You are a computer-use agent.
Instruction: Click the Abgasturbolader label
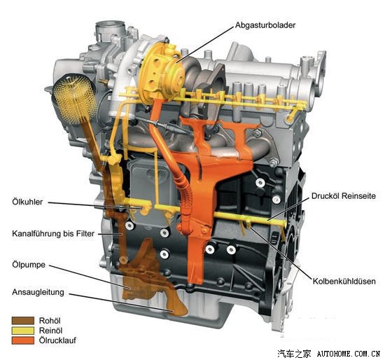click(x=265, y=25)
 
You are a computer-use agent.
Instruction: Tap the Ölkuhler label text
click(x=27, y=202)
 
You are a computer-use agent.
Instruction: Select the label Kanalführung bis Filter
click(x=53, y=233)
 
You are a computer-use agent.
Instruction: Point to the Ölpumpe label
click(x=29, y=265)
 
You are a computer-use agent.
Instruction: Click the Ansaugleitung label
click(x=38, y=292)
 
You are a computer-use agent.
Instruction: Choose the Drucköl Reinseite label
click(x=344, y=196)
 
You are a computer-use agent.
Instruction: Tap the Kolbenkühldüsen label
click(x=344, y=281)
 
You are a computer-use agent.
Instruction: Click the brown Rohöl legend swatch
click(x=23, y=321)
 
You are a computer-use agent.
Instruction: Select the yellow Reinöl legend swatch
click(x=23, y=331)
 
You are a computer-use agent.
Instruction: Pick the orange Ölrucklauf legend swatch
click(x=23, y=340)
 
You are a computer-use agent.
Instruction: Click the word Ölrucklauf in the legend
click(x=57, y=340)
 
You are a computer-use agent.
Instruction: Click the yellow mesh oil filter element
click(x=74, y=98)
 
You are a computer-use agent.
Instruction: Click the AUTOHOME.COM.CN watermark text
click(x=348, y=354)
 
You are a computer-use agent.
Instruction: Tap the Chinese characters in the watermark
click(x=294, y=354)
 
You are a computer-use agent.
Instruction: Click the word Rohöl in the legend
click(x=50, y=321)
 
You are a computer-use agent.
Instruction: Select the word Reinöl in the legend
click(x=50, y=331)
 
